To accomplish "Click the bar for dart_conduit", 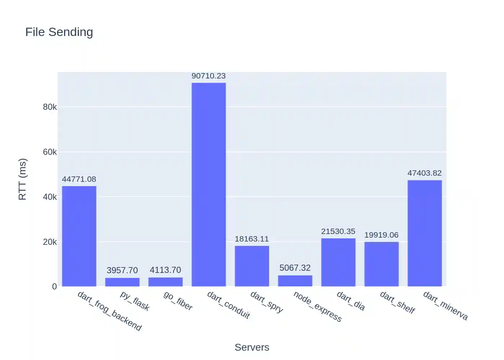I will click(x=209, y=184).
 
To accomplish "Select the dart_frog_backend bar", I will click(x=79, y=236).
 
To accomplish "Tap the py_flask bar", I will click(x=122, y=282).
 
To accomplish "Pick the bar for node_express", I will click(x=295, y=281).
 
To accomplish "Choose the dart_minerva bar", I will click(x=425, y=233).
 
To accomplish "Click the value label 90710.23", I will click(x=209, y=76).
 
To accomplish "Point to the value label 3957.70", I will click(x=122, y=270).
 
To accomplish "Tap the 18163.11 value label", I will click(x=252, y=239).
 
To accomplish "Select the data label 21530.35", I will click(x=338, y=231).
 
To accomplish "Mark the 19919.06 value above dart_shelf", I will click(x=382, y=235).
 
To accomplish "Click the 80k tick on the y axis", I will click(x=50, y=107).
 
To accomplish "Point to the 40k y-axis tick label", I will click(x=50, y=197).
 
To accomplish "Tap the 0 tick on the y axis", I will click(x=54, y=287).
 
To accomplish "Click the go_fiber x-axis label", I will click(x=178, y=301).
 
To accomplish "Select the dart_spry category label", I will click(x=267, y=302).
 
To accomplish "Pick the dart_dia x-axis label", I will click(x=351, y=301).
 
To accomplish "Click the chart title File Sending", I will click(x=59, y=32).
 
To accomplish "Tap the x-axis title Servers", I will click(x=252, y=347).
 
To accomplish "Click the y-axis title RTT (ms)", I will click(x=22, y=179).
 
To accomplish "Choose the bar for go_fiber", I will click(x=166, y=282).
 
